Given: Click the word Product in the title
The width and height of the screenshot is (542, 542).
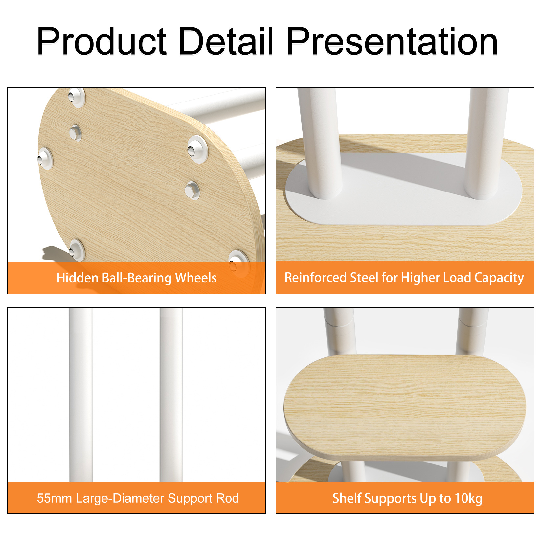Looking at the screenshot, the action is coord(102,41).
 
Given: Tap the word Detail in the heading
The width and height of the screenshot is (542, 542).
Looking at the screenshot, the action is coord(226,41).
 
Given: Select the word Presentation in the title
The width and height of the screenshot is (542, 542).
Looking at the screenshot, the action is coord(392,41).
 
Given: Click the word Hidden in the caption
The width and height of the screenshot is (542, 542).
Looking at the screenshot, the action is coord(78,278).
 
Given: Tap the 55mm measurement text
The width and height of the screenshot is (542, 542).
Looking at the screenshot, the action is coord(54,498).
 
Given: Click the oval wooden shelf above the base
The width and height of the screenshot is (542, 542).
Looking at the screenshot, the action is coord(405,406).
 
